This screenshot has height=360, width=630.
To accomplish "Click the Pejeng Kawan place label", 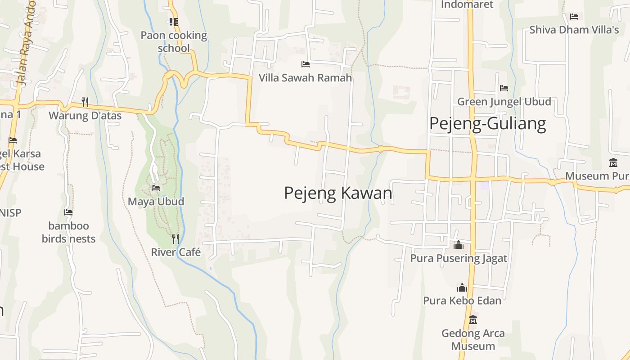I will point(338,193).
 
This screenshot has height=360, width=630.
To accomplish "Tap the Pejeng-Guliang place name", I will point(487,123).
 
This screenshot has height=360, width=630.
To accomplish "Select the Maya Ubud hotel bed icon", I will point(156,188).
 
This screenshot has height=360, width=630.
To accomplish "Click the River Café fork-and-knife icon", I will point(175,238).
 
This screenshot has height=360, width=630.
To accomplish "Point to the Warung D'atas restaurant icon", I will point(85,102).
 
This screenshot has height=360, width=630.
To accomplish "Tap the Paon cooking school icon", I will point(174,22).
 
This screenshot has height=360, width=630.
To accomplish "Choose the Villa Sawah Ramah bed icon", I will point(305,64).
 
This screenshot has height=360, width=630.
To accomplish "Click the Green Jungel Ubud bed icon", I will point(504,88).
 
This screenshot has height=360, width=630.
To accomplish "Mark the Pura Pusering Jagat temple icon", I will point(459,245).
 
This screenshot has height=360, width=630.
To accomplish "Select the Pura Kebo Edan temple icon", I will point(462,287).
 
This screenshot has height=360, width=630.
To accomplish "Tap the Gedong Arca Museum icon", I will point(473,320).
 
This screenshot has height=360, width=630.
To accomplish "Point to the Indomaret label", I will point(467,4).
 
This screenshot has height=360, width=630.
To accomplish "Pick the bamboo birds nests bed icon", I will point(68,212).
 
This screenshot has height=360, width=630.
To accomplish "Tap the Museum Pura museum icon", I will point(613,162).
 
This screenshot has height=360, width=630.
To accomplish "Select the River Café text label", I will point(175,252).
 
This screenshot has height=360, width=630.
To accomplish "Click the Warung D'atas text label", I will point(85,116).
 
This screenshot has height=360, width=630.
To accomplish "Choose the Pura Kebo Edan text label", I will point(462,300).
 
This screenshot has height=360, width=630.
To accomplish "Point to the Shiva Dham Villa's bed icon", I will point(574,17).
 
